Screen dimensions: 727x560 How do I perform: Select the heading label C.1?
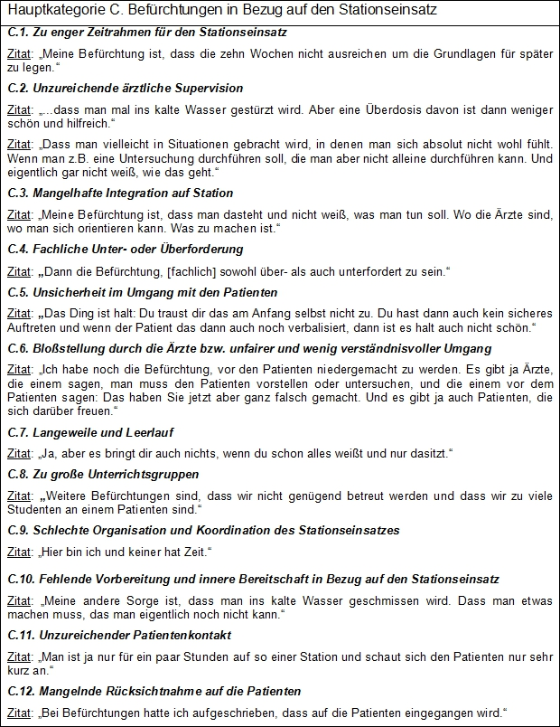coord(19,33)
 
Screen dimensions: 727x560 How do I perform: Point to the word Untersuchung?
coord(140,157)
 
